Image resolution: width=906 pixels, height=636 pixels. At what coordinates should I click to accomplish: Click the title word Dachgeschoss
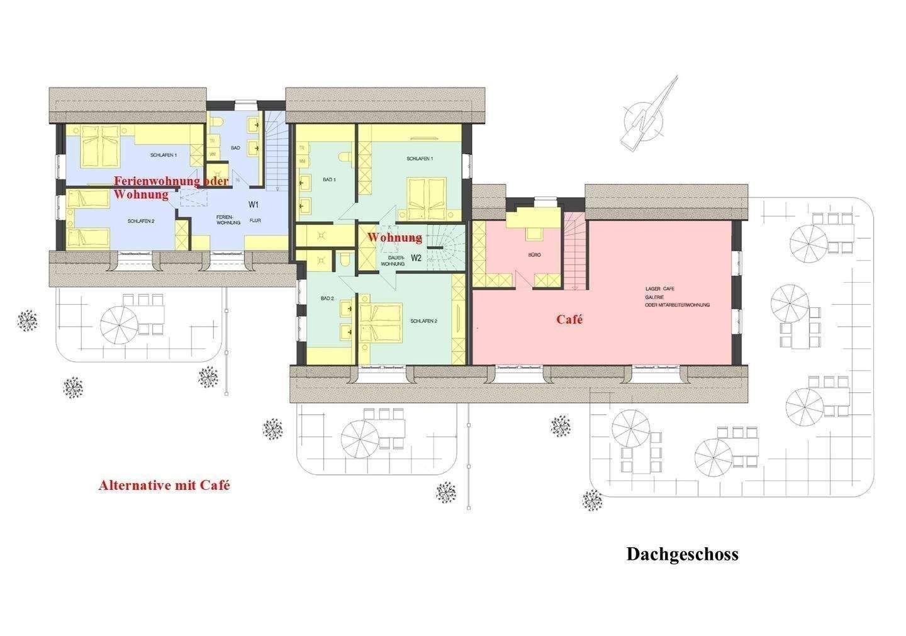pyautogui.click(x=682, y=554)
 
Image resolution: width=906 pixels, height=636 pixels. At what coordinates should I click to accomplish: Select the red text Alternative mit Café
pyautogui.click(x=164, y=486)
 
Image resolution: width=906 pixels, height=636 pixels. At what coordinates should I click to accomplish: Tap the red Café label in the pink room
pyautogui.click(x=569, y=319)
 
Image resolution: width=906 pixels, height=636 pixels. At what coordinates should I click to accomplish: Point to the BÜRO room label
pyautogui.click(x=534, y=255)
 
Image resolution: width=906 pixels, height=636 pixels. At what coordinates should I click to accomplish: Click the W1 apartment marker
pyautogui.click(x=254, y=205)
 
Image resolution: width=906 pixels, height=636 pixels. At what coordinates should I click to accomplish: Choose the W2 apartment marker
pyautogui.click(x=416, y=258)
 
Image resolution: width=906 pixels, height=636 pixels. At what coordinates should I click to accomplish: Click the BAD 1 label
pyautogui.click(x=329, y=180)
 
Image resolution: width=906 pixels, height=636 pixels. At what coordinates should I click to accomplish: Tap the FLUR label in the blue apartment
pyautogui.click(x=255, y=221)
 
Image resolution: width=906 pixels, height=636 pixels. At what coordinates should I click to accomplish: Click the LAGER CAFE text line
pyautogui.click(x=660, y=288)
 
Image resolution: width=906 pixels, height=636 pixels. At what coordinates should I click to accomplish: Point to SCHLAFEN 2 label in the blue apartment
pyautogui.click(x=140, y=221)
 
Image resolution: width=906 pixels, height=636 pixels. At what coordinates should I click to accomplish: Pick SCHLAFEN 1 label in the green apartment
pyautogui.click(x=420, y=159)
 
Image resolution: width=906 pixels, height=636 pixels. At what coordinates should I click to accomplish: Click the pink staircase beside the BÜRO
pyautogui.click(x=573, y=249)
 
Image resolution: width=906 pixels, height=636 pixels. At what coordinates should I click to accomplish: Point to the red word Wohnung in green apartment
pyautogui.click(x=394, y=237)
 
